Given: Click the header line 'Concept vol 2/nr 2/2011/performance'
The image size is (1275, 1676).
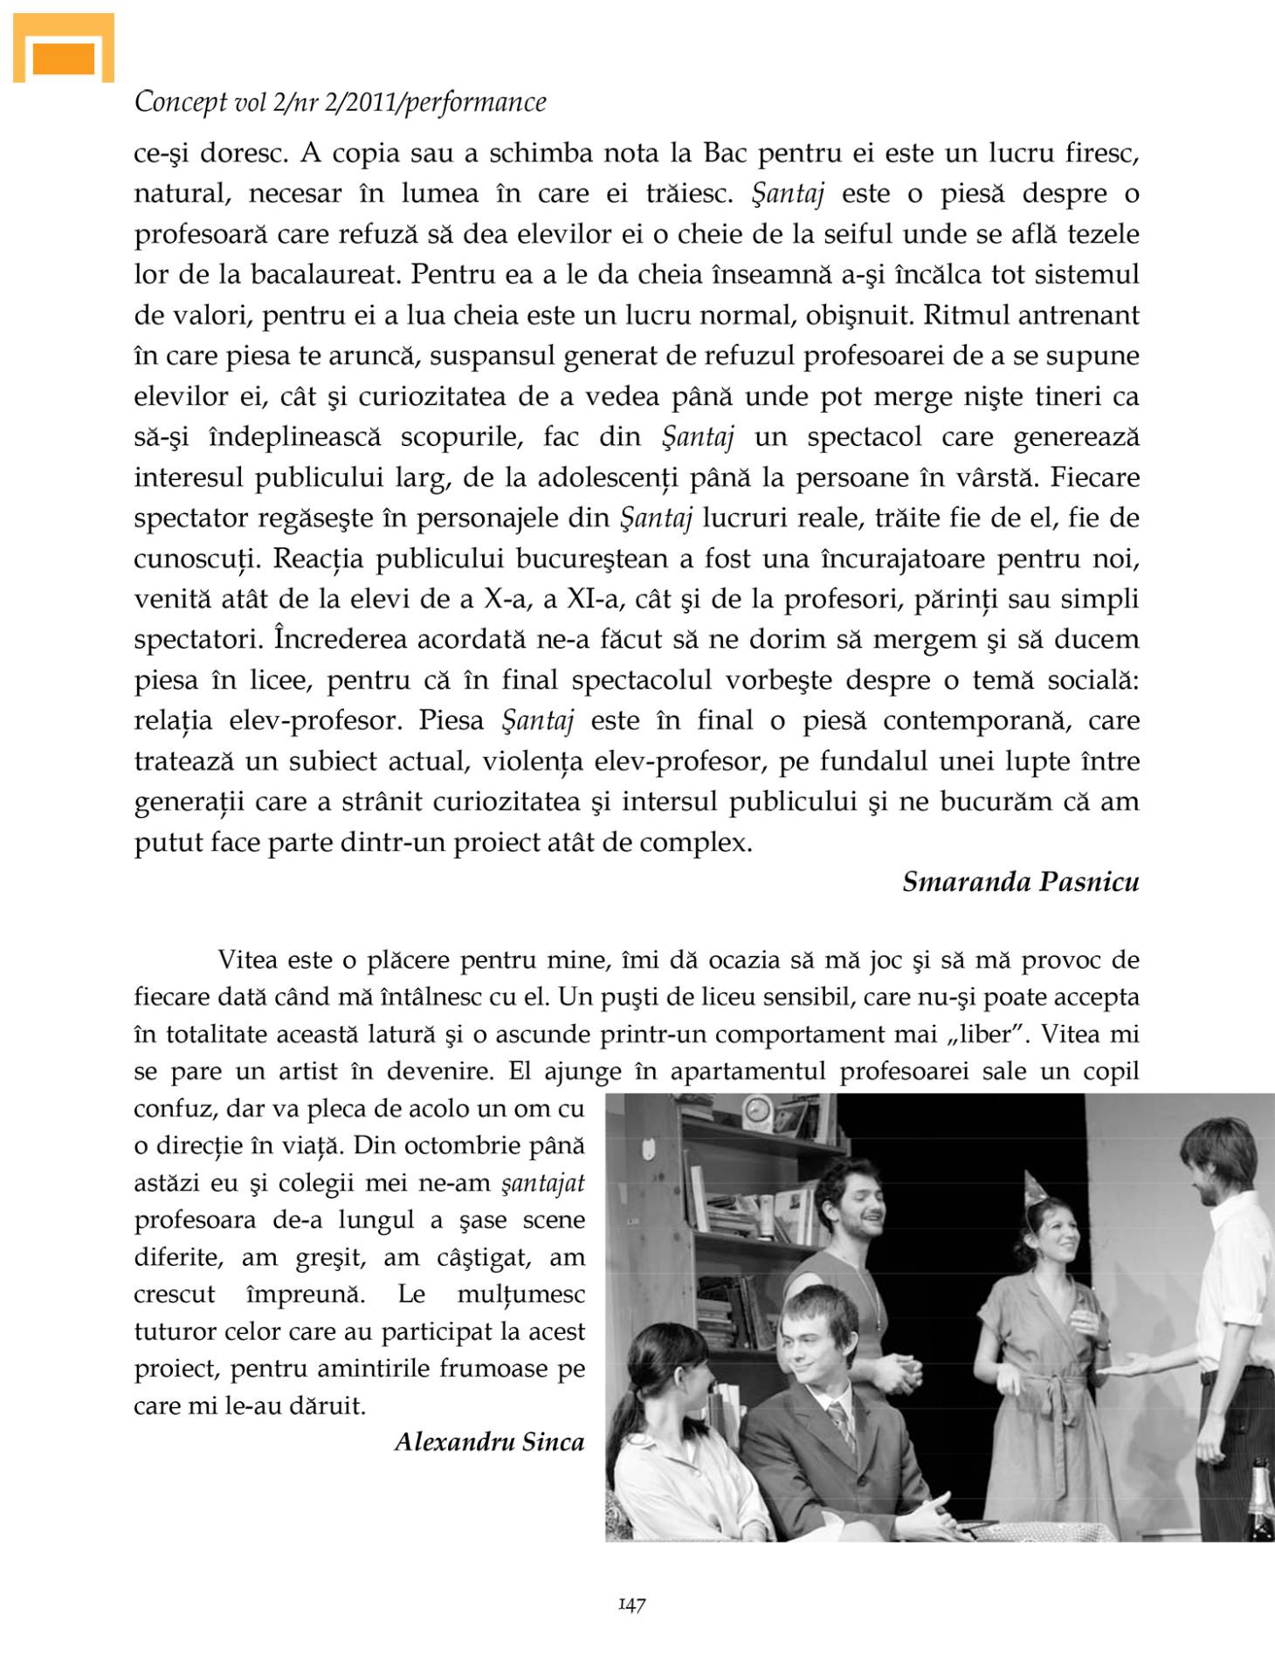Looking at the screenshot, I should click(x=341, y=103).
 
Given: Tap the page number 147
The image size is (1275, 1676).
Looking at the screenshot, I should click(x=631, y=1604).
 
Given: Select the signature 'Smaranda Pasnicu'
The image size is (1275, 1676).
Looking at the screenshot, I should click(x=1020, y=883).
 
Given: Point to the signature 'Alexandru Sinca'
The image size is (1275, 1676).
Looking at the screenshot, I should click(x=489, y=1442).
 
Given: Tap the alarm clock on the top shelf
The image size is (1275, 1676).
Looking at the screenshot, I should click(x=756, y=1109).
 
